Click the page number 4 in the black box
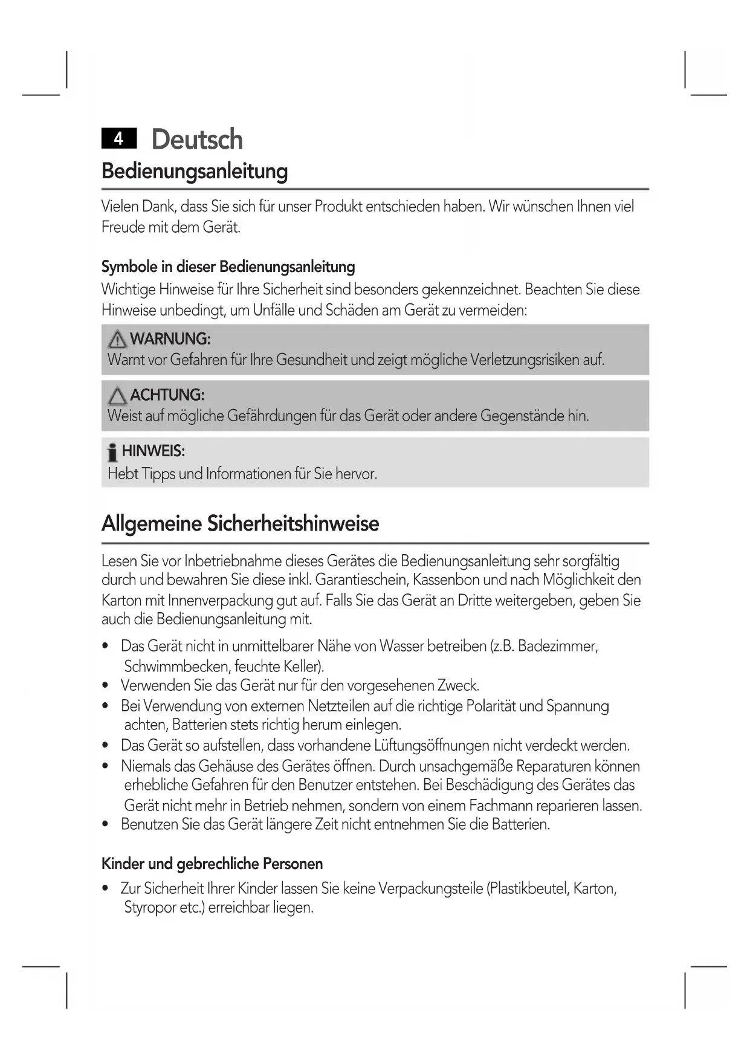coord(119,139)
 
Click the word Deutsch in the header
coord(197,140)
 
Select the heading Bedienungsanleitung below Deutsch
coord(194,171)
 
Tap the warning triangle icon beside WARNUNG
coord(117,340)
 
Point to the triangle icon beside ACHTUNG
coord(117,396)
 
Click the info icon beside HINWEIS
coord(112,452)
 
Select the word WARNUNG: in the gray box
coord(170,339)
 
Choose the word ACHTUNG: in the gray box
coord(167,395)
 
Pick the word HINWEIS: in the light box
coord(154,451)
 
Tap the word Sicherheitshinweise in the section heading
coord(293,523)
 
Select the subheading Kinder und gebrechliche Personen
coord(212,864)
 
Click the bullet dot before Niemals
coord(106,767)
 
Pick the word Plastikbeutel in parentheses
coord(526,889)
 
